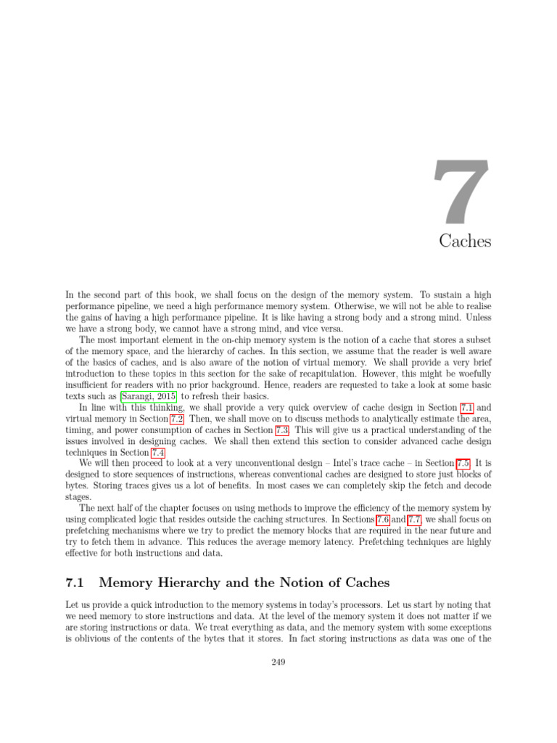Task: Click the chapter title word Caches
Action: [465, 241]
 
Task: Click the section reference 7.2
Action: [176, 419]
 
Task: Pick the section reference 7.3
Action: [279, 430]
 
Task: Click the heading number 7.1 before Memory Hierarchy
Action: [76, 582]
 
